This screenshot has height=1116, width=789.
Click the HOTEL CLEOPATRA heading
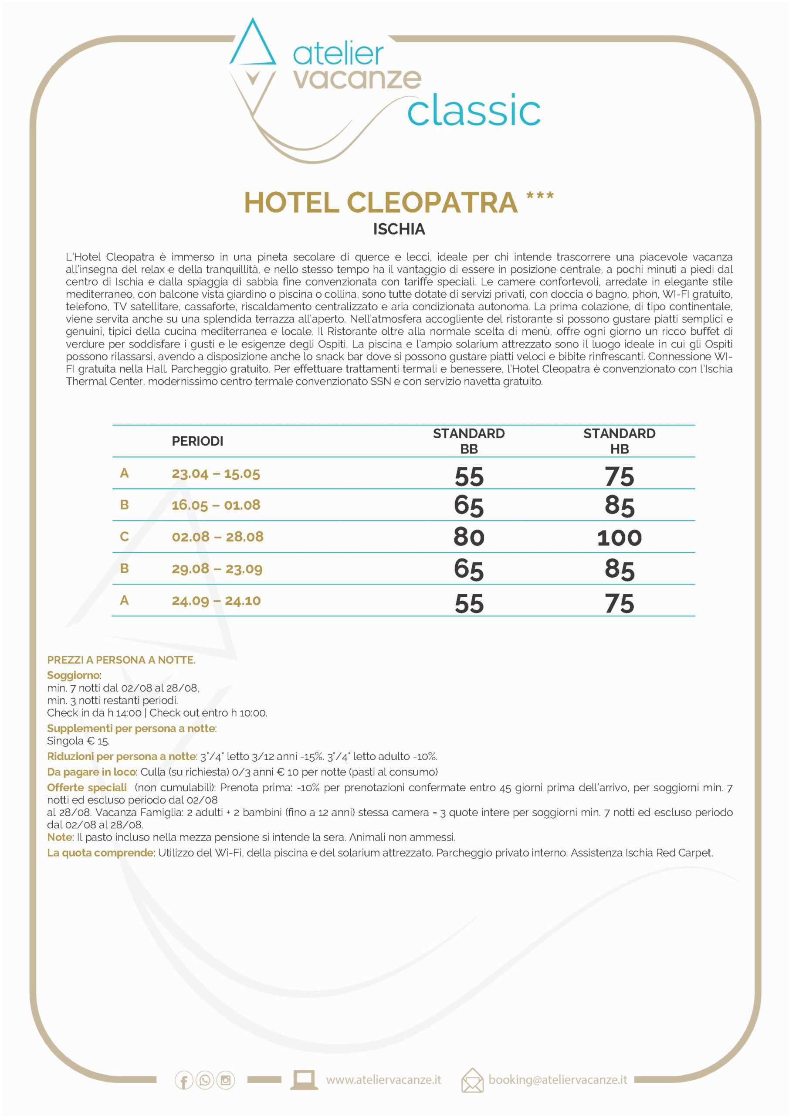coord(380,202)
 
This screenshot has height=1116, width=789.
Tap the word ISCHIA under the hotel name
coord(399,229)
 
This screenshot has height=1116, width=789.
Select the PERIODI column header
coord(197,441)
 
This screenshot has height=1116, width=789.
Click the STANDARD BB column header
coord(468,441)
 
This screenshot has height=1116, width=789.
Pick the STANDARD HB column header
coord(619,441)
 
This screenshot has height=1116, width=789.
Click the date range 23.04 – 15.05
coord(216,473)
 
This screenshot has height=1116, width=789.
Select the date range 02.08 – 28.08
coord(217,537)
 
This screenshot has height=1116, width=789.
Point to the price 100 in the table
coord(619,538)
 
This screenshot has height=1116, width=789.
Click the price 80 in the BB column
coord(469,537)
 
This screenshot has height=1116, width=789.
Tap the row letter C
coord(124,537)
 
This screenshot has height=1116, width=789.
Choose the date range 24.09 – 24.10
coord(216,601)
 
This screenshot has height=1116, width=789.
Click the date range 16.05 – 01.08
coord(216,505)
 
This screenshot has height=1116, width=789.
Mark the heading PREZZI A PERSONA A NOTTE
coord(121,660)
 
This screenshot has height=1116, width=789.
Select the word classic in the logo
coord(474,111)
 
